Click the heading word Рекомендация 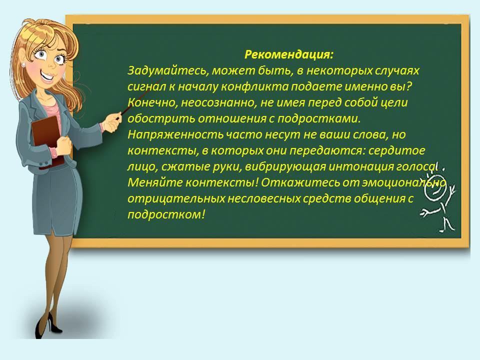pyautogui.click(x=288, y=55)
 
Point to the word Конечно pyautogui.click(x=152, y=102)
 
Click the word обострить pyautogui.click(x=161, y=119)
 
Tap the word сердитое pyautogui.click(x=396, y=150)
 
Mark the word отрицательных pyautogui.click(x=176, y=199)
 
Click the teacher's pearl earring pyautogui.click(x=23, y=64)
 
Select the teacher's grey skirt pyautogui.click(x=57, y=199)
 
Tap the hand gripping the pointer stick pyautogui.click(x=110, y=122)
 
